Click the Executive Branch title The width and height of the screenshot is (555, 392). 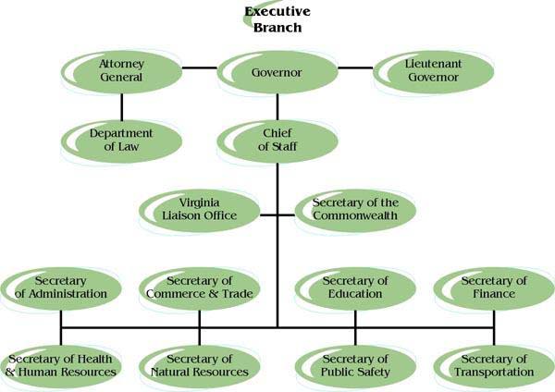tap(277, 18)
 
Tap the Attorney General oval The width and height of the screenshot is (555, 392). tap(121, 70)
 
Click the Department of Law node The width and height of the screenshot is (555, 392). tap(120, 140)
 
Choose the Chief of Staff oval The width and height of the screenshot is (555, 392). tap(277, 140)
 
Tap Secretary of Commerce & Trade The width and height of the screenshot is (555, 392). tap(199, 288)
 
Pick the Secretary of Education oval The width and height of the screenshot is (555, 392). tap(354, 288)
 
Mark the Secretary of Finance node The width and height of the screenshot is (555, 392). tap(493, 288)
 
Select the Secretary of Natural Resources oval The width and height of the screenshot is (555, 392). tap(199, 365)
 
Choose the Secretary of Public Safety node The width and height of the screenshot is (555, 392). tap(354, 365)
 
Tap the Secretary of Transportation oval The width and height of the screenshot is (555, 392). tap(493, 365)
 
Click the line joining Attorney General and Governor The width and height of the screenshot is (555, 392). tap(198, 67)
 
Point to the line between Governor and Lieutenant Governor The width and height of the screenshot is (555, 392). tap(356, 67)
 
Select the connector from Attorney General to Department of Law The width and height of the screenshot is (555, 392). tap(120, 104)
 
